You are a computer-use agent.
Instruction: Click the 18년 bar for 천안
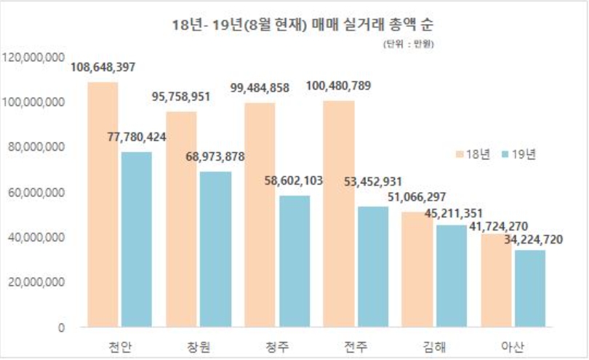(x=103, y=204)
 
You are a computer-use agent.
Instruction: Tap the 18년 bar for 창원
(x=181, y=218)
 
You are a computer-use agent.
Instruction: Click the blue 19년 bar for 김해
(x=450, y=275)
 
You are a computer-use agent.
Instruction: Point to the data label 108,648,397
(x=103, y=68)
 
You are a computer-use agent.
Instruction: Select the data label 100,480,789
(x=338, y=87)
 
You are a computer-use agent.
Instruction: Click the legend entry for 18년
(x=473, y=153)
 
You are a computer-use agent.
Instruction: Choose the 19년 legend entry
(x=518, y=153)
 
